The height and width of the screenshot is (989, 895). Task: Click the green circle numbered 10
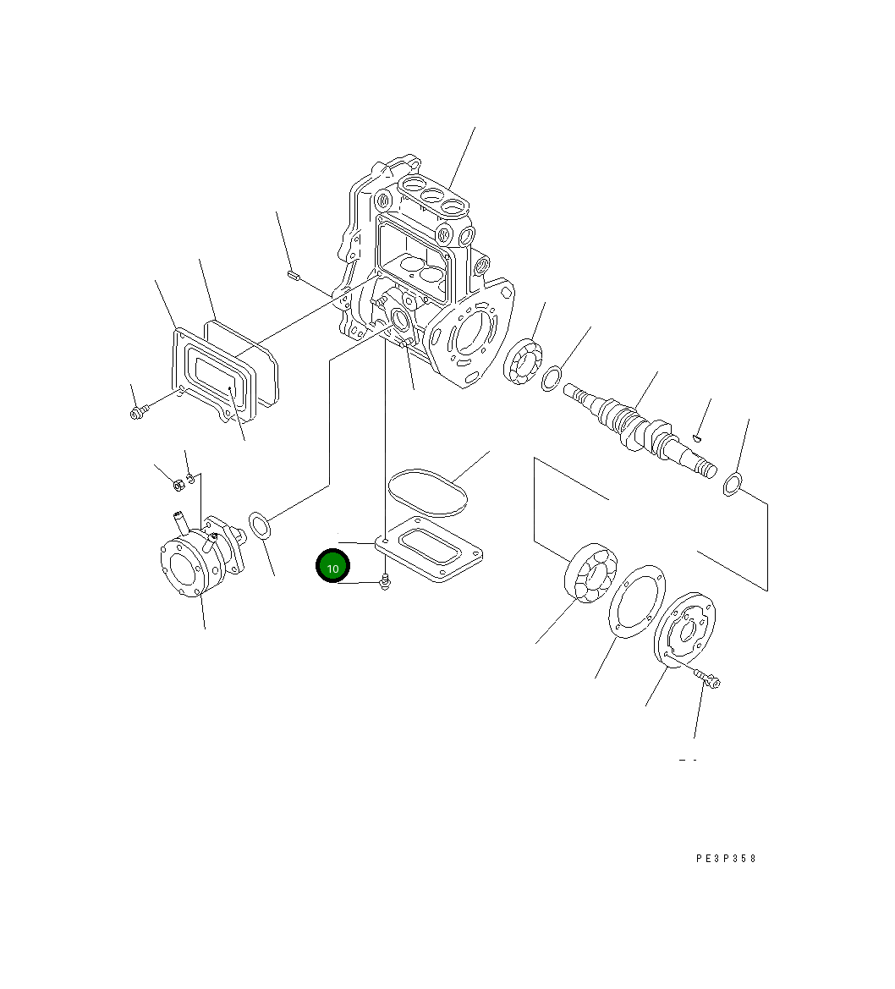(332, 567)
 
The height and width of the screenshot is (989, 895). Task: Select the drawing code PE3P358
(726, 859)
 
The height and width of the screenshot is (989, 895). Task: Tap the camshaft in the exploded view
(640, 429)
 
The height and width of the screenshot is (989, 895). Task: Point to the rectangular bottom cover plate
(429, 549)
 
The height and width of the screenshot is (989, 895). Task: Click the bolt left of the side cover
(138, 413)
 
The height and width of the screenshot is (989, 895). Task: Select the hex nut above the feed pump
(178, 485)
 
